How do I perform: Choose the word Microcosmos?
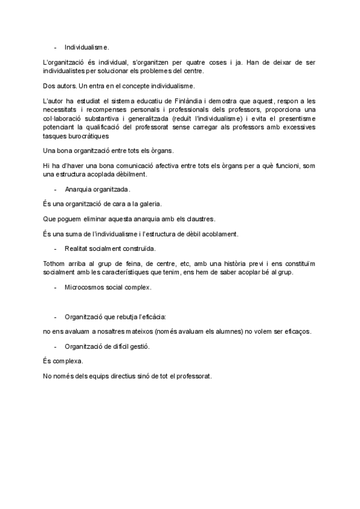86,287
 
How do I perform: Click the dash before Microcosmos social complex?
56,287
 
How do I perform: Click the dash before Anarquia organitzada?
56,189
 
